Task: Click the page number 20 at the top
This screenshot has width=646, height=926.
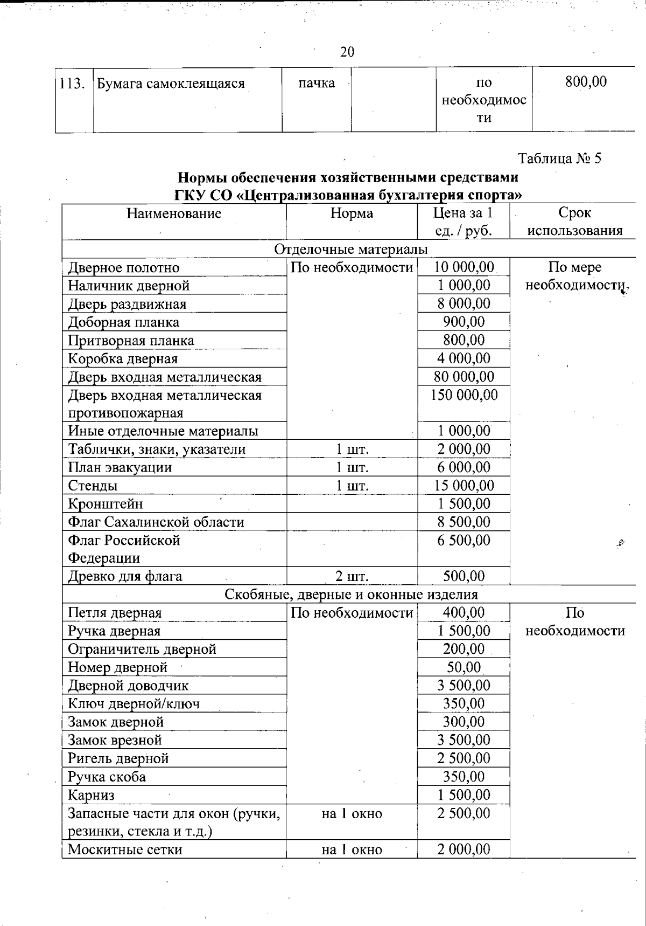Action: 347,52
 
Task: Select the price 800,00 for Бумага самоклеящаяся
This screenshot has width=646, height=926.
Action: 586,82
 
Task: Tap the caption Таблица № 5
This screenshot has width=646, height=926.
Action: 559,158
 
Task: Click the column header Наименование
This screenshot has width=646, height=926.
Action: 174,213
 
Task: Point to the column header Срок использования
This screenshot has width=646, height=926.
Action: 574,222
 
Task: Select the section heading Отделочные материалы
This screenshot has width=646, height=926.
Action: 351,249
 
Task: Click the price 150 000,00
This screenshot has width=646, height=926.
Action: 464,395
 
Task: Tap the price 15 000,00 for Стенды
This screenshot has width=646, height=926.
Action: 464,486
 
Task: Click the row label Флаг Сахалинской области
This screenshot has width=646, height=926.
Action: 156,522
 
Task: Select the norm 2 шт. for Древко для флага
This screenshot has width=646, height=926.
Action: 352,577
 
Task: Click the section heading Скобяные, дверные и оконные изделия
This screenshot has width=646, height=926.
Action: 351,595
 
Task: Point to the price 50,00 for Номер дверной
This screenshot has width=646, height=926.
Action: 464,667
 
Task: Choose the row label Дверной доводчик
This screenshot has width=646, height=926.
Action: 128,686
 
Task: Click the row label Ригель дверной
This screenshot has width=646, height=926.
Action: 118,758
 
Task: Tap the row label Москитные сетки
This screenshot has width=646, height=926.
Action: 125,850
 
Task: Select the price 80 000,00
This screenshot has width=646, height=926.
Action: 464,377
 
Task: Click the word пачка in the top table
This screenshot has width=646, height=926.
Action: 317,83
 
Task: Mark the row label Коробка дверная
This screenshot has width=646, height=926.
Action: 123,359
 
